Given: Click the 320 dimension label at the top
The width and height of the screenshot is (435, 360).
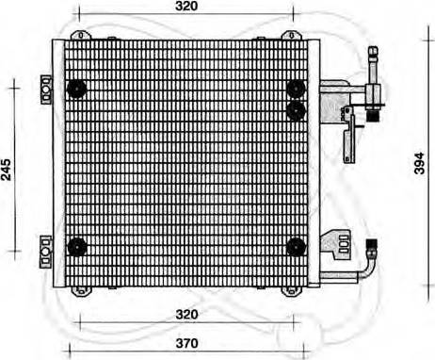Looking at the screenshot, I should point(186,8).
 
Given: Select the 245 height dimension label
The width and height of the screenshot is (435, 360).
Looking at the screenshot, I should point(7,169).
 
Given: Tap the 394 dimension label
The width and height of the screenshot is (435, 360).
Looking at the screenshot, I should point(420,164).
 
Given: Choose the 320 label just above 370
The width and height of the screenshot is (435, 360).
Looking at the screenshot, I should point(186,314).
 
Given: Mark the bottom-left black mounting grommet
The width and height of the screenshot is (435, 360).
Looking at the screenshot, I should point(77,247).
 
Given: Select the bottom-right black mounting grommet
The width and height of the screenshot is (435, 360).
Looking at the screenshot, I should point(296,247).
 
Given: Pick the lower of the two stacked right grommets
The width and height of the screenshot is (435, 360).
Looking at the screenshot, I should point(297,110).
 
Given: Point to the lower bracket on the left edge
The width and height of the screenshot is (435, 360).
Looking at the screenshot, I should point(43,249).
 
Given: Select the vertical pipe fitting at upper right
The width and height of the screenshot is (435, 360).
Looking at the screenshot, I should point(373,80).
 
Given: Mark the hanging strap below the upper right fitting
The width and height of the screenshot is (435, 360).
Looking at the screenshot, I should point(349,134).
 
